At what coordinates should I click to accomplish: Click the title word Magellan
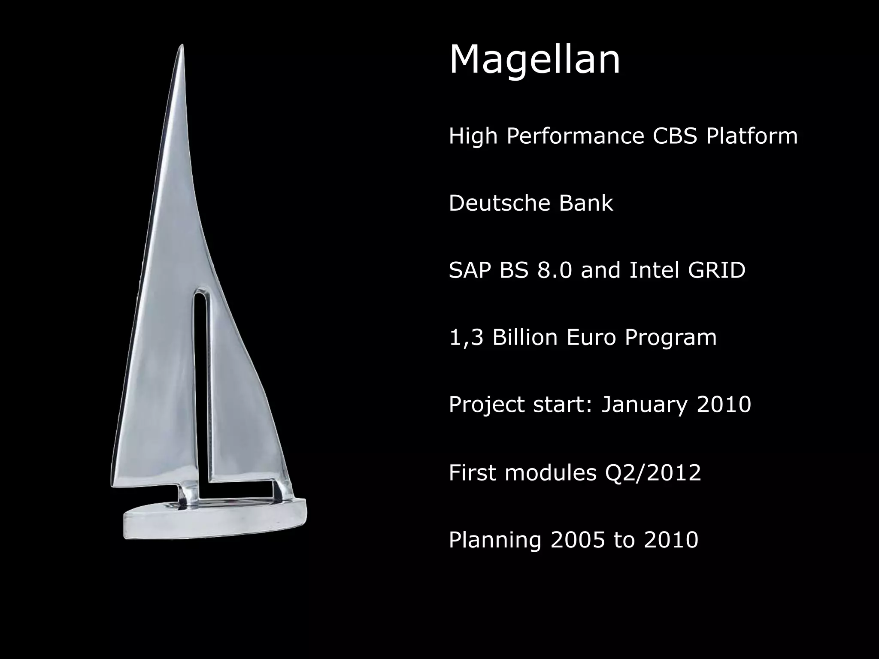click(534, 60)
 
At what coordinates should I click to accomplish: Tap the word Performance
click(575, 136)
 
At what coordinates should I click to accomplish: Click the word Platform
click(752, 136)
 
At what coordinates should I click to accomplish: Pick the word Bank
click(586, 203)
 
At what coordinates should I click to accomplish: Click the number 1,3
click(466, 338)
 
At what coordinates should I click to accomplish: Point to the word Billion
click(524, 338)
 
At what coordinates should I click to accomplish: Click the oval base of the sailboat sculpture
click(215, 521)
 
